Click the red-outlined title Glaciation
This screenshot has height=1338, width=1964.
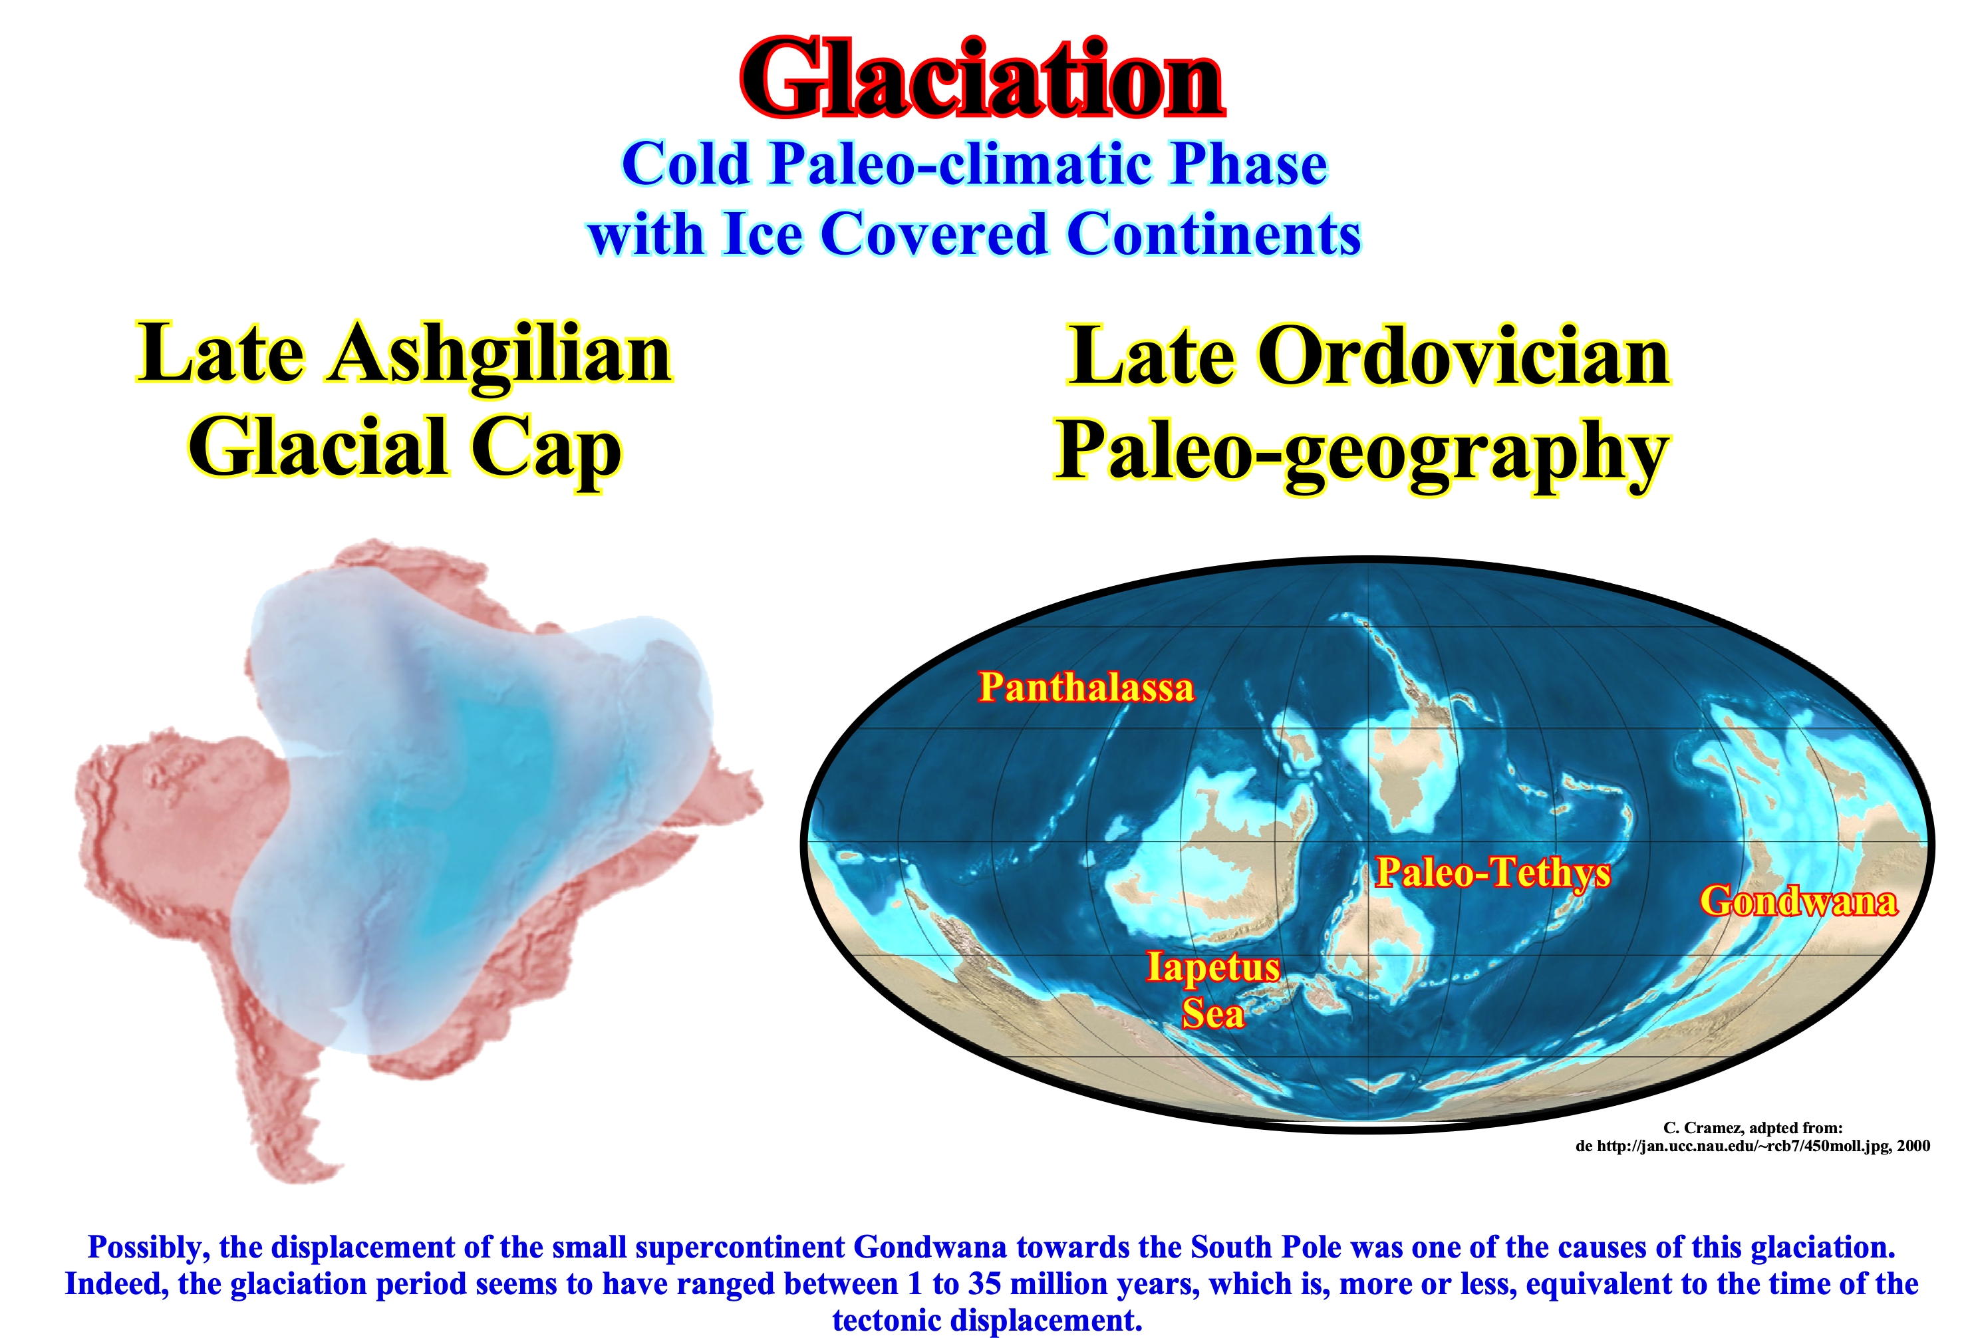point(981,79)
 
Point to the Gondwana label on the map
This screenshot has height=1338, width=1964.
point(1798,900)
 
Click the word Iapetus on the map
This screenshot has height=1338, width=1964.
point(1212,967)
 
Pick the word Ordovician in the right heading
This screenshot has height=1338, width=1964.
point(1463,356)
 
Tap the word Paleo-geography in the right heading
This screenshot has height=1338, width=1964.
point(1361,454)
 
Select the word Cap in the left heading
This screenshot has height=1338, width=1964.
point(546,450)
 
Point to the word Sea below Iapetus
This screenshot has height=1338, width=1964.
point(1212,1013)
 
